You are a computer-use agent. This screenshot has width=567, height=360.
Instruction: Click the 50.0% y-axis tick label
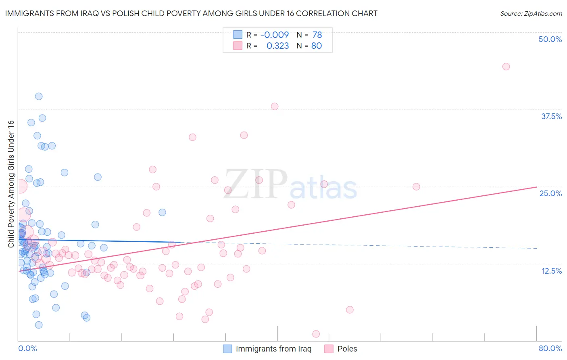[x=550, y=39]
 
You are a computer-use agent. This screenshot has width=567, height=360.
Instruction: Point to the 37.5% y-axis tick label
[x=551, y=116]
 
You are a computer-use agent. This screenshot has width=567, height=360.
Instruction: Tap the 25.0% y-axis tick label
[x=550, y=193]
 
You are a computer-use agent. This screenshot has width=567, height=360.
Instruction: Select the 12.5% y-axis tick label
[x=551, y=270]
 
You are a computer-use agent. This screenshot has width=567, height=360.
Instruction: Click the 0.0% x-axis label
[x=27, y=348]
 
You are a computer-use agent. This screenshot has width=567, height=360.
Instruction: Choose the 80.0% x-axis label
[x=550, y=348]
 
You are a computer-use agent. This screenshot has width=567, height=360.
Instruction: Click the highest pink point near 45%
[x=506, y=67]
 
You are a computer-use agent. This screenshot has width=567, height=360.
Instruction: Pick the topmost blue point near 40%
[x=39, y=96]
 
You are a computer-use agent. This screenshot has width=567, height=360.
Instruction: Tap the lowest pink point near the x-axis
[x=316, y=334]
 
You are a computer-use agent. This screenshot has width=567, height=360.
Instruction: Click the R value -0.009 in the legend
[x=274, y=35]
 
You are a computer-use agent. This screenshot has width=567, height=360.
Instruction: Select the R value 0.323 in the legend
[x=277, y=46]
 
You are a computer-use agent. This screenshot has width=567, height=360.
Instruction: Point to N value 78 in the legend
[x=317, y=35]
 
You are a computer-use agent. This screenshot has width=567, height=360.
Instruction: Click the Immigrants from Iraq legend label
[x=273, y=349]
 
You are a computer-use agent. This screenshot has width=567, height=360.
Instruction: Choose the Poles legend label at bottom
[x=347, y=349]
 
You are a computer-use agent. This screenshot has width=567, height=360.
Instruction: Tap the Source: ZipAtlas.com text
[x=531, y=13]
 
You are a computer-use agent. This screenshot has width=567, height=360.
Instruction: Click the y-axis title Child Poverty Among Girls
[x=11, y=184]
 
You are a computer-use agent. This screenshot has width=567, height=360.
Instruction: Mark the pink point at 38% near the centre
[x=274, y=107]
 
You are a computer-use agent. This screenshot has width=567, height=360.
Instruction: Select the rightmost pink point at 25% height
[x=416, y=186]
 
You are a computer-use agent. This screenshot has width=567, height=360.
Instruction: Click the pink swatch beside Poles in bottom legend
[x=329, y=349]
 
